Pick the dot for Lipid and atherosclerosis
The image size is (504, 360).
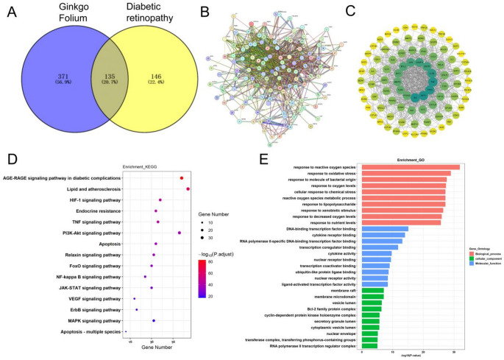coord(188,189)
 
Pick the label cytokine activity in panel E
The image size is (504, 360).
coord(336,253)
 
